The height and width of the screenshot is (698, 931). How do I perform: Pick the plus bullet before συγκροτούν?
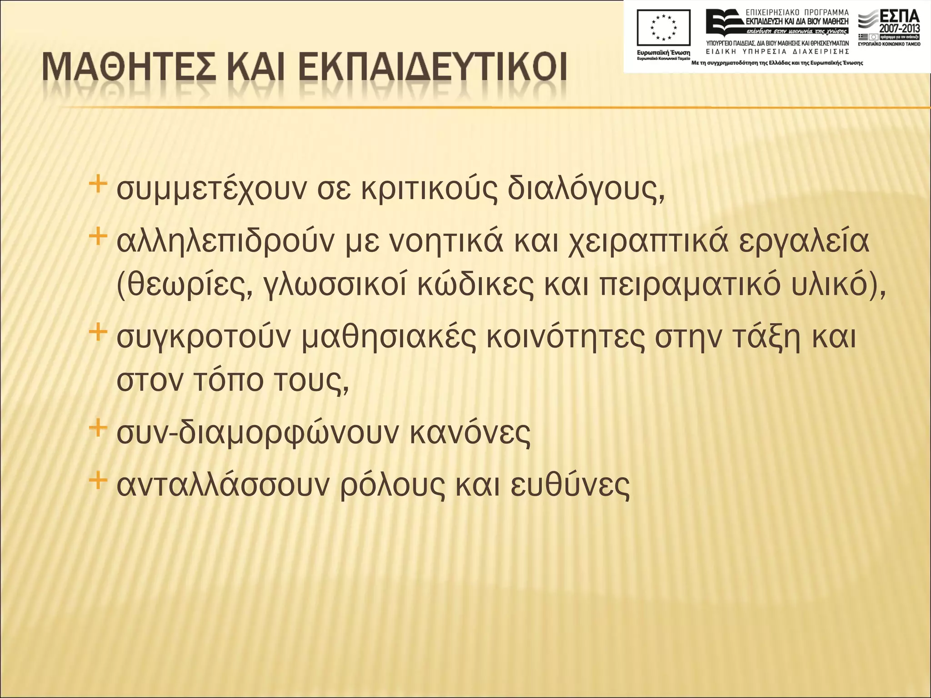tap(98, 332)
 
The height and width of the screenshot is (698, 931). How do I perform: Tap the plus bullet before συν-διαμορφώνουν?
tap(98, 428)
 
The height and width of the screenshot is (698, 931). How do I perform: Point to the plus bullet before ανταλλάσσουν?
tap(98, 480)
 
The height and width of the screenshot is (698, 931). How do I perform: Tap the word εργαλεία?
tap(804, 242)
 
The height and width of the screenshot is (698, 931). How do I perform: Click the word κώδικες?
tap(475, 286)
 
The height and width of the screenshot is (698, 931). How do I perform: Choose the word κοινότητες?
tap(565, 338)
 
